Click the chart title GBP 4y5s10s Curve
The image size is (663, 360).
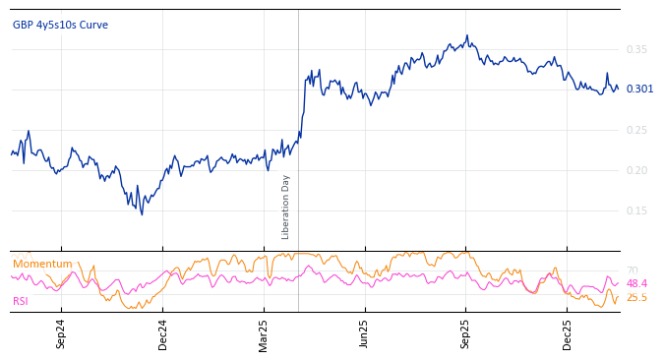tap(60, 25)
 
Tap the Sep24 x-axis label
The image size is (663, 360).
tap(61, 332)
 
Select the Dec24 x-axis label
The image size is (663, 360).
tap(163, 332)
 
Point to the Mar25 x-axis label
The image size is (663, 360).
tap(264, 332)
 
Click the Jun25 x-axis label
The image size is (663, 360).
tap(365, 332)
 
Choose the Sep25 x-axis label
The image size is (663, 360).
tap(466, 332)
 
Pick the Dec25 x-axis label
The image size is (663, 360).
tap(568, 332)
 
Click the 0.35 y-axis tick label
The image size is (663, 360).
tap(636, 49)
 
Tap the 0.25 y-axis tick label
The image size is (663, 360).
tap(636, 130)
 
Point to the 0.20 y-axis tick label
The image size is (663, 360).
tap(636, 170)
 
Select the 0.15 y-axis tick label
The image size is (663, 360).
tap(636, 210)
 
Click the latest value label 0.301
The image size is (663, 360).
tap(639, 90)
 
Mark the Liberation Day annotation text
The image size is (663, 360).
tap(286, 207)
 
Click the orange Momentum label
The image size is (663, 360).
tap(42, 264)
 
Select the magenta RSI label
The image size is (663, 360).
tap(21, 301)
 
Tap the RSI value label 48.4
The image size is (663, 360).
tap(636, 283)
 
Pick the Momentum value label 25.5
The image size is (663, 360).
tap(636, 297)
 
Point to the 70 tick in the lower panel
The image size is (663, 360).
tap(632, 270)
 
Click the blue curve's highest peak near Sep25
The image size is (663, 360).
tap(467, 36)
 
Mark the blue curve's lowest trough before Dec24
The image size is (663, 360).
tap(142, 214)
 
